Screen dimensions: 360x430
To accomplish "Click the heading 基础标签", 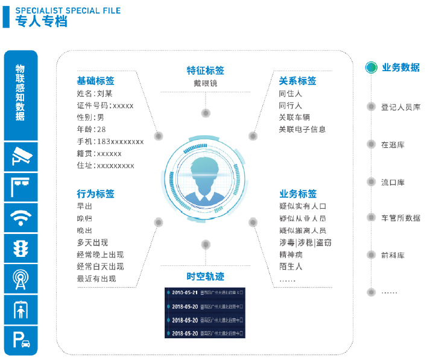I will click(x=95, y=81).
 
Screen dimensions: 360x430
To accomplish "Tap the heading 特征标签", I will click(x=206, y=71).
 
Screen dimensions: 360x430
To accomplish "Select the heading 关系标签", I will click(x=297, y=81).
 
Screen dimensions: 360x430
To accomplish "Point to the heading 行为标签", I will click(x=95, y=194).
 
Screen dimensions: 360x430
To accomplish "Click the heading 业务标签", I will click(x=298, y=194).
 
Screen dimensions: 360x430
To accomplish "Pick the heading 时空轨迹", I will click(x=206, y=276).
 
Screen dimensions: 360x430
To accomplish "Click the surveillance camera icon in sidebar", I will click(x=21, y=157).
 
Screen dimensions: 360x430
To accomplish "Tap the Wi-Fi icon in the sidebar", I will click(x=21, y=217).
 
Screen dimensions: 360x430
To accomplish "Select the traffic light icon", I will click(x=21, y=248).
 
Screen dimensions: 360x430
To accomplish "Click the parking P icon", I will click(x=21, y=339).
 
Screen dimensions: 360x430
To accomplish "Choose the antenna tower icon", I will click(x=21, y=279).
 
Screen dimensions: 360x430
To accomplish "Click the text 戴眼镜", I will click(x=205, y=84).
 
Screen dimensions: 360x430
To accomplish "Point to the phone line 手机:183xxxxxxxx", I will click(x=110, y=142).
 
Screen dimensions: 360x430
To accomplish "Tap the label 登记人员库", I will click(x=400, y=107).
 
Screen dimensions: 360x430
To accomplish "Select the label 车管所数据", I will click(x=400, y=218).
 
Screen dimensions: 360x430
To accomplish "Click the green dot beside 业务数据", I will click(x=372, y=68).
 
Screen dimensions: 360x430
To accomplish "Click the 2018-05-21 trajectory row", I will click(x=206, y=293).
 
